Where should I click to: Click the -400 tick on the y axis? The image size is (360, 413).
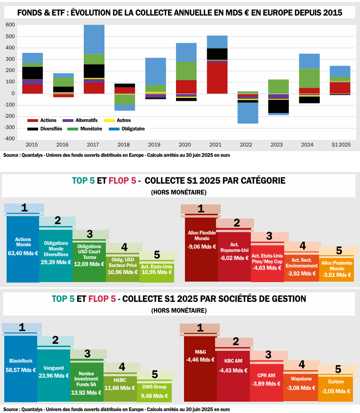click(x=9, y=139)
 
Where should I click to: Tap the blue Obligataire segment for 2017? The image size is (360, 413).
click(x=94, y=39)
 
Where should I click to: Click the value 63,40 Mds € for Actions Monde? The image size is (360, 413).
click(x=22, y=253)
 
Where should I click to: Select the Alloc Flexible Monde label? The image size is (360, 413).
click(x=201, y=235)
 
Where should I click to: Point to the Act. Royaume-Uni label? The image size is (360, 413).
click(x=234, y=246)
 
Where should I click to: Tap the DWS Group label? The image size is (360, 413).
click(x=154, y=387)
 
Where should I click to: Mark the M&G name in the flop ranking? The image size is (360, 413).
click(x=200, y=351)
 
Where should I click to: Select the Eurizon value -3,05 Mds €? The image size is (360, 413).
click(x=336, y=391)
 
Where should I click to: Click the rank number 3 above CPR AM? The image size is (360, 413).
click(x=268, y=355)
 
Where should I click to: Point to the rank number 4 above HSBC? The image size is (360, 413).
click(x=122, y=366)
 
